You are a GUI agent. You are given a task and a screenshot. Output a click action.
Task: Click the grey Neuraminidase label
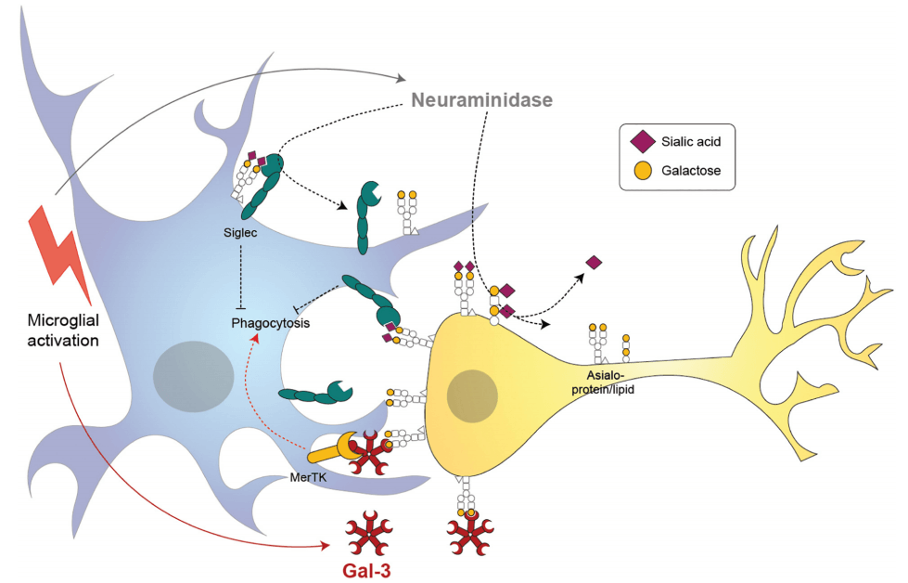click(482, 99)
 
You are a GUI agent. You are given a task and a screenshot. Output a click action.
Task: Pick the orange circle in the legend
click(641, 170)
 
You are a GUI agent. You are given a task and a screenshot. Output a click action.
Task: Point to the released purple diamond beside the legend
click(595, 263)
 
